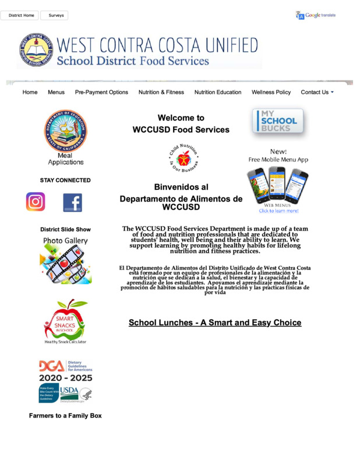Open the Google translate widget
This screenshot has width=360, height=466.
click(316, 16)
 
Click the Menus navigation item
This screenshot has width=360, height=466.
click(56, 92)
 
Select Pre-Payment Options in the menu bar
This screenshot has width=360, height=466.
click(101, 92)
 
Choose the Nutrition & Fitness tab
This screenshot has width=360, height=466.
click(161, 92)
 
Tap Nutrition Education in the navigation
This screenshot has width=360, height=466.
click(218, 92)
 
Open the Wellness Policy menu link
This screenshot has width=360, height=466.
click(271, 92)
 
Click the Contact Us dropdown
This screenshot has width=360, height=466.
click(317, 92)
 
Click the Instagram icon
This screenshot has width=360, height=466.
click(36, 202)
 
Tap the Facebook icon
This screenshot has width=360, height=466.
click(72, 202)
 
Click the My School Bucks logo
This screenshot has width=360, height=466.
click(278, 121)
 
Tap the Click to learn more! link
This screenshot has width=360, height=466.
click(278, 211)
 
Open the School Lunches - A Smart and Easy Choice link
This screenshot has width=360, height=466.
click(215, 323)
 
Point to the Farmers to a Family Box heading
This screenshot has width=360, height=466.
click(65, 416)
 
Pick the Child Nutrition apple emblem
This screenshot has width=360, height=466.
click(183, 157)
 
